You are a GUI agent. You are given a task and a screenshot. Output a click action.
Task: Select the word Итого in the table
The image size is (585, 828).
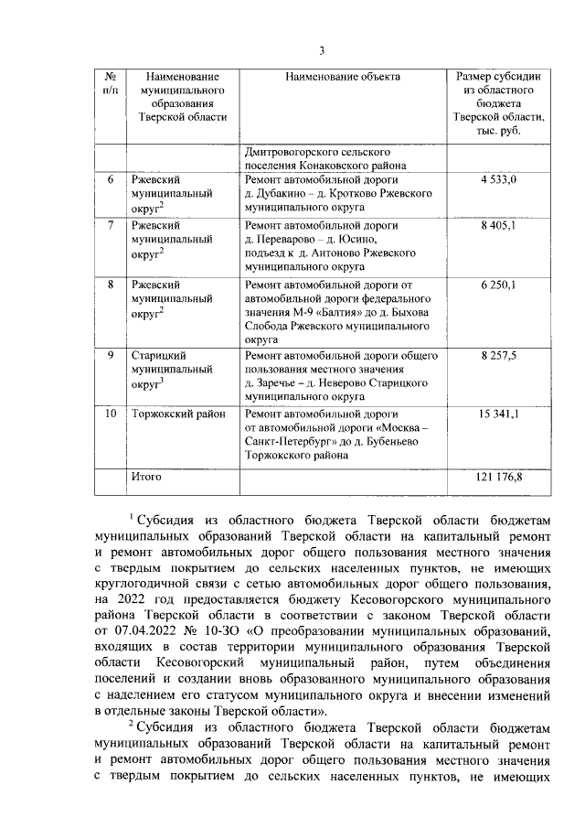146,476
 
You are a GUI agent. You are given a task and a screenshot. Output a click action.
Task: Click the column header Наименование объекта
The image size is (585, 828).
343,77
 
